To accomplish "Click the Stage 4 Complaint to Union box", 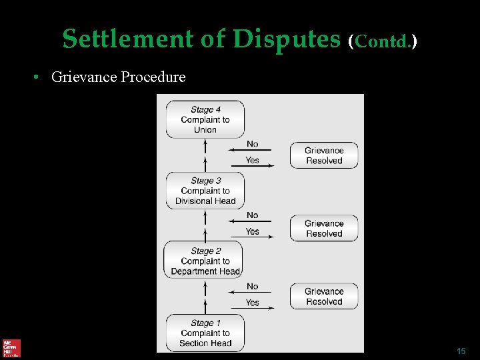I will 205,119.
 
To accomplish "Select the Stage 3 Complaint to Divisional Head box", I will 205,191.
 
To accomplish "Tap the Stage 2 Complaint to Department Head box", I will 205,261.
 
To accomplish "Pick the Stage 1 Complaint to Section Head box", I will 205,333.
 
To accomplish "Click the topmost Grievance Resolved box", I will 324,155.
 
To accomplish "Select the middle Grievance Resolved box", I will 324,229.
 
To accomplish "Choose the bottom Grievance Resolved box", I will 324,297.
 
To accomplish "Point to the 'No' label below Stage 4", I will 252,144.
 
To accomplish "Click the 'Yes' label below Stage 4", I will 252,160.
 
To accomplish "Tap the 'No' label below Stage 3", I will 252,215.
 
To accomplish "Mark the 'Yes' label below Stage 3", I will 252,231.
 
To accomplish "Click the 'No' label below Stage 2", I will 252,287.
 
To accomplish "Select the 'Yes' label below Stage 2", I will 252,303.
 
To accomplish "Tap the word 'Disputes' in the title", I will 287,39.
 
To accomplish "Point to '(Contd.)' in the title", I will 383,41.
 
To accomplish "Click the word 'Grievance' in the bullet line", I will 84,77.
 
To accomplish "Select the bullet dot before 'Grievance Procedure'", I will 39,77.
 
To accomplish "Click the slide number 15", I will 461,351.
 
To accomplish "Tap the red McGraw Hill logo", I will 11,348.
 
